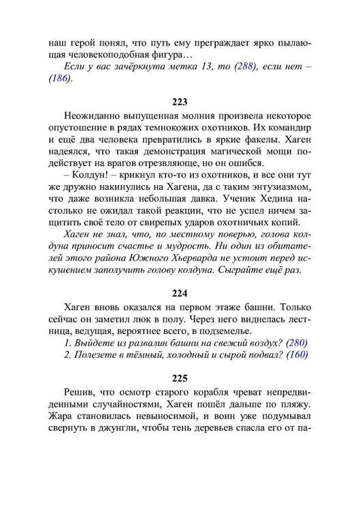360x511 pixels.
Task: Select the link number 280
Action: click(x=296, y=342)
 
